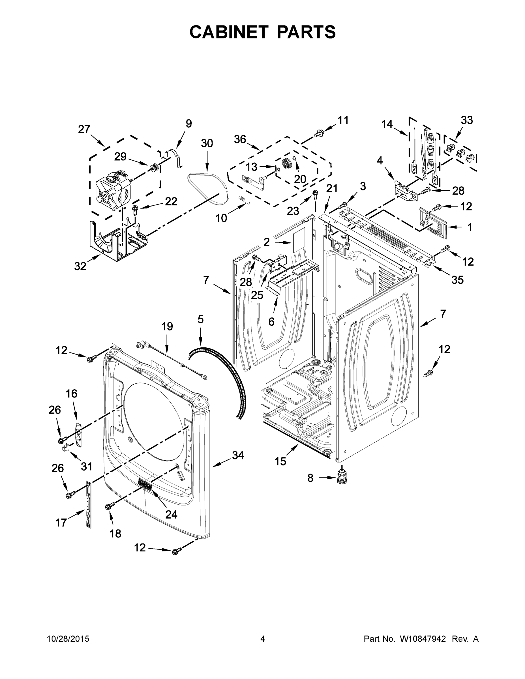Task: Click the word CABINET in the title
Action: click(229, 32)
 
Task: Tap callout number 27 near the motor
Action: click(84, 129)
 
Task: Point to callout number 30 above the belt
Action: click(207, 143)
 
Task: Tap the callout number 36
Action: click(240, 139)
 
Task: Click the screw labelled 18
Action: click(109, 506)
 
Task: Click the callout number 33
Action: click(466, 120)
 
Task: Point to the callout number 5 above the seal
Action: click(201, 319)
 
